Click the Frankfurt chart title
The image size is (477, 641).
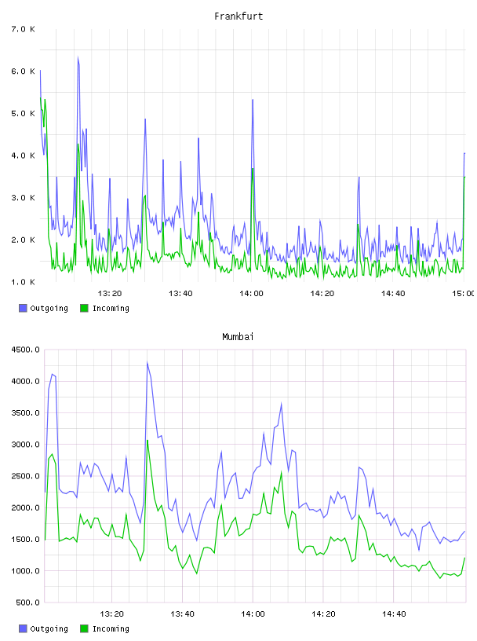(238, 16)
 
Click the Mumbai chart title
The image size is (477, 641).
(238, 337)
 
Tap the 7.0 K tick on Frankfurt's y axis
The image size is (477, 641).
(24, 29)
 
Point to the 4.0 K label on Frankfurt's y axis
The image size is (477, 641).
(24, 156)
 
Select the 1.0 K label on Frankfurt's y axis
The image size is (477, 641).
(24, 282)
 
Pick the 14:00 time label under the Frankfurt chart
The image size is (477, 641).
(251, 294)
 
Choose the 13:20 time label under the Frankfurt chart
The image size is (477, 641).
(110, 294)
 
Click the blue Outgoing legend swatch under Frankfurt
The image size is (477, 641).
(23, 308)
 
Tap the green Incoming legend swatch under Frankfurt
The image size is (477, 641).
(84, 308)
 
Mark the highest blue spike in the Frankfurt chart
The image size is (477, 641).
(78, 57)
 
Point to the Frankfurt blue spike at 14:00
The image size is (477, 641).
(253, 100)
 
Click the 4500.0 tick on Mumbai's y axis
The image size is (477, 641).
(25, 350)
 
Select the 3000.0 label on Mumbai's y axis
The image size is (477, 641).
(25, 445)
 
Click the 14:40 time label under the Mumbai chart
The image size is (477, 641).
(394, 614)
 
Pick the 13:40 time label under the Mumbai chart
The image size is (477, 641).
(182, 614)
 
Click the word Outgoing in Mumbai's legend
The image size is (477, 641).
(49, 628)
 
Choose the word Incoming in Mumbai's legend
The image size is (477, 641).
(111, 628)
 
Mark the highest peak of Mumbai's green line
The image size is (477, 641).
(147, 440)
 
